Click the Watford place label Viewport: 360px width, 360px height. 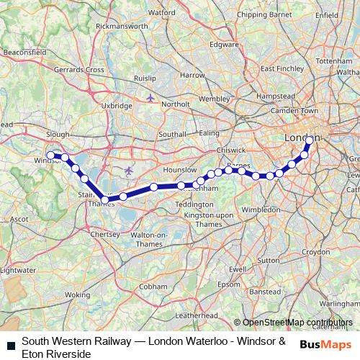(x=162, y=12)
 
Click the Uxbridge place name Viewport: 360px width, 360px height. (x=117, y=105)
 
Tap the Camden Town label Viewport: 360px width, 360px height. (x=299, y=111)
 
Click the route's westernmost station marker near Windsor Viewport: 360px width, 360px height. (x=51, y=155)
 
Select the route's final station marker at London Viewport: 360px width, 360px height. (x=309, y=140)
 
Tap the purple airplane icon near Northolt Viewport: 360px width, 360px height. (x=150, y=97)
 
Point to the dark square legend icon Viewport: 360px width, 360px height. (x=12, y=346)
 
